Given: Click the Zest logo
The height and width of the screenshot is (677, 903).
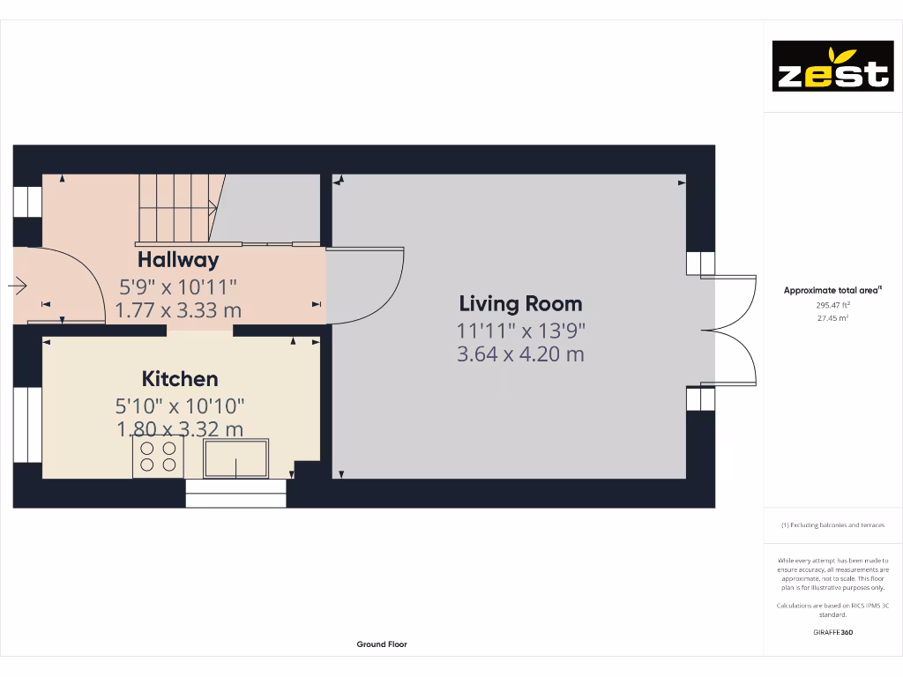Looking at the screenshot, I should pyautogui.click(x=832, y=66).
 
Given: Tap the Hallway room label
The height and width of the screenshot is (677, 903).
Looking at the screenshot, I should pyautogui.click(x=178, y=260).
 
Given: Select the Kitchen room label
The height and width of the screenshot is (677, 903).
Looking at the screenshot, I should pyautogui.click(x=180, y=379).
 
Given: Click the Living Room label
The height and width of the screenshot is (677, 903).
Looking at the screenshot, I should pyautogui.click(x=520, y=304).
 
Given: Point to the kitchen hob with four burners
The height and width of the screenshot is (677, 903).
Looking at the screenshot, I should pyautogui.click(x=158, y=456).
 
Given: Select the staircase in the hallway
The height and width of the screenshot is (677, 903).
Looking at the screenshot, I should pyautogui.click(x=176, y=207).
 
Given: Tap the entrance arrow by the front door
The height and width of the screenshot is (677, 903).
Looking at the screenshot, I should pyautogui.click(x=18, y=286).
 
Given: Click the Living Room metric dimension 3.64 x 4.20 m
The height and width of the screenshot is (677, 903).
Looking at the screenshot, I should pyautogui.click(x=520, y=354).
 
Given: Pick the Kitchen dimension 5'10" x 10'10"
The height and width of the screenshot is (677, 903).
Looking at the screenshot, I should pyautogui.click(x=180, y=406).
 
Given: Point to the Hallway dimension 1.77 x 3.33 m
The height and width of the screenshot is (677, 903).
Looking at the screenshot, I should pyautogui.click(x=178, y=310).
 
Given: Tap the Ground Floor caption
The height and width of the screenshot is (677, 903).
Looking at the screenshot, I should pyautogui.click(x=382, y=644).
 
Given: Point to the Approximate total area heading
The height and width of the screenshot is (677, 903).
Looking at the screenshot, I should pyautogui.click(x=832, y=290).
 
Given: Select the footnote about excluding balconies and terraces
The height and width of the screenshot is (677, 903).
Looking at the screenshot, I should pyautogui.click(x=832, y=525).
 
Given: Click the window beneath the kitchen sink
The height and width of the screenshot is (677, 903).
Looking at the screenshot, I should pyautogui.click(x=236, y=494).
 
